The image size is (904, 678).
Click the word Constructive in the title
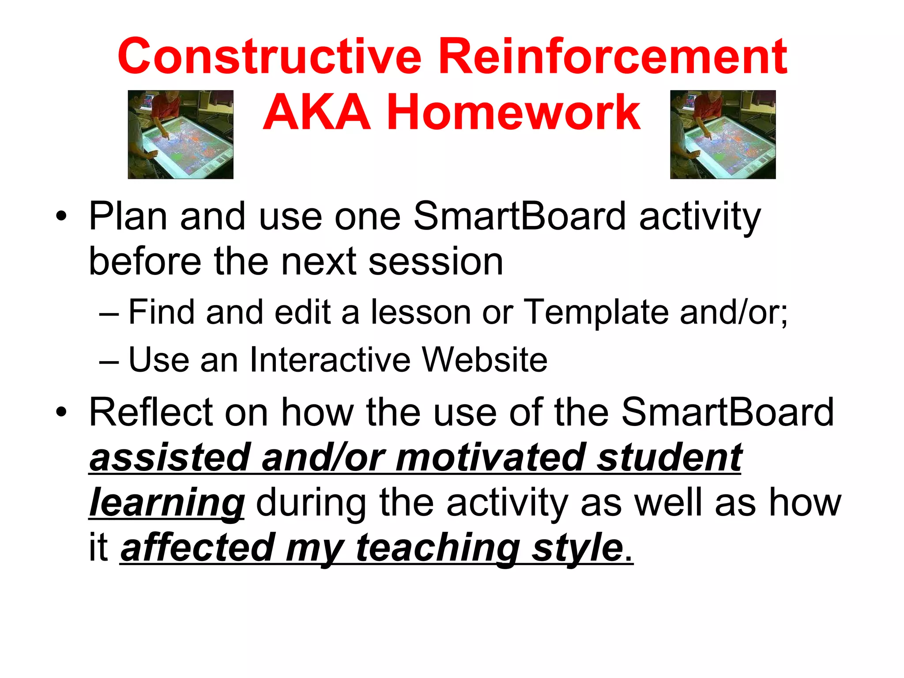269,56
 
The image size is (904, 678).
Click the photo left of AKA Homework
181,135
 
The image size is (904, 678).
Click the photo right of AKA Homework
723,135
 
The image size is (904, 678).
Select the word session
436,262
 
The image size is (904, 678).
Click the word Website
485,360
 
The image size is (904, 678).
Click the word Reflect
151,412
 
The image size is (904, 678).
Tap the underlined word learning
166,503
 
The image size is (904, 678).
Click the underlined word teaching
437,548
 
